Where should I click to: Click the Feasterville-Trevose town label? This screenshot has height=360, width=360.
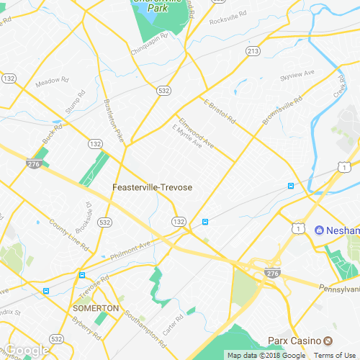click(x=153, y=187)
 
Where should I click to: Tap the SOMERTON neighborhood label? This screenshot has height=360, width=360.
click(x=96, y=308)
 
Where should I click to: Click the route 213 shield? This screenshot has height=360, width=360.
click(x=252, y=51)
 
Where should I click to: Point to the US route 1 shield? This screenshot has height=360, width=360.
click(x=297, y=228)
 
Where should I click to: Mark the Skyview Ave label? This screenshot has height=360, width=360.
click(x=298, y=73)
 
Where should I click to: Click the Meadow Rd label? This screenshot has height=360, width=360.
click(x=51, y=81)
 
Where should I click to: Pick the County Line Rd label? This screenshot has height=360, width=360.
click(x=69, y=235)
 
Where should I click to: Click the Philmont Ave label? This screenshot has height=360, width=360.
click(x=130, y=251)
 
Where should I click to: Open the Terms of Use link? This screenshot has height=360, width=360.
click(x=333, y=355)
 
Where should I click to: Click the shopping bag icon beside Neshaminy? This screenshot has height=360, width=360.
click(x=319, y=230)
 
